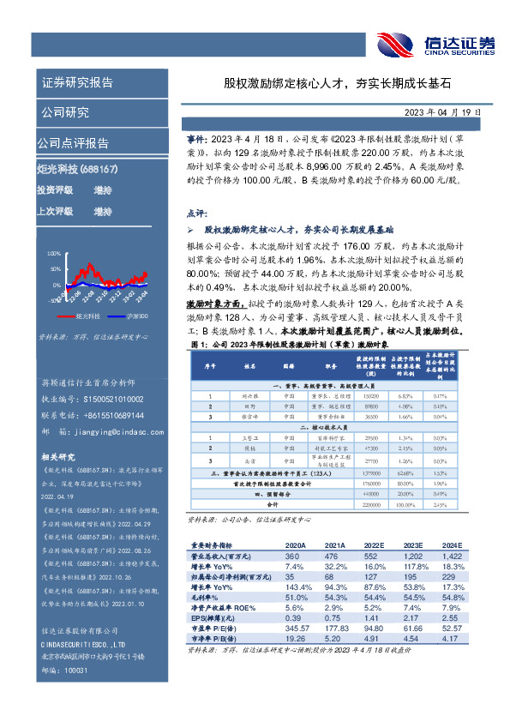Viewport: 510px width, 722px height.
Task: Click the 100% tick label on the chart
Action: [x=52, y=254]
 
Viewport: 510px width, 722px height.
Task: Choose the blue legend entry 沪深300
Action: [x=133, y=316]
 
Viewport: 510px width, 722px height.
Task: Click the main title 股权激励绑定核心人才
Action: [x=284, y=84]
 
